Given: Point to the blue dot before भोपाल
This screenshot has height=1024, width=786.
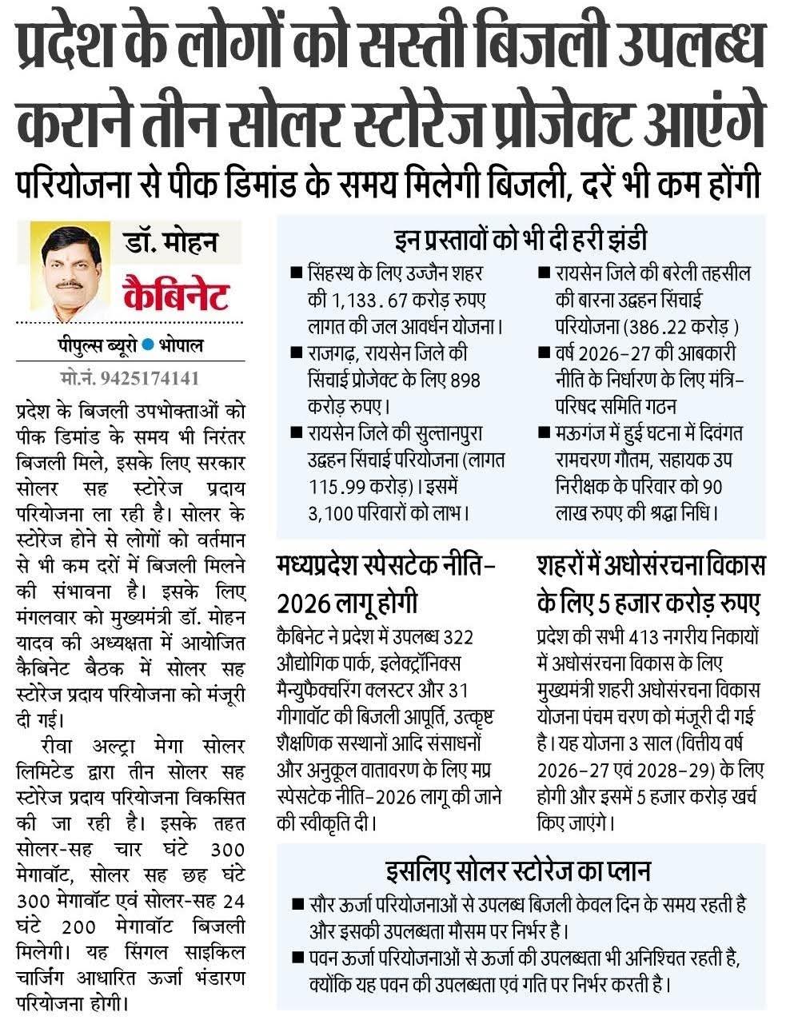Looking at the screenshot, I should (149, 346).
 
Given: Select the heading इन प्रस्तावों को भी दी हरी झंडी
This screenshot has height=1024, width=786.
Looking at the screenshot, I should (521, 240).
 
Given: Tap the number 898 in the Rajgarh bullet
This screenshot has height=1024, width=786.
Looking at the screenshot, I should (465, 380).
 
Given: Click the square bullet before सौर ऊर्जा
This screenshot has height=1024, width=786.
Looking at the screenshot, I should (297, 906).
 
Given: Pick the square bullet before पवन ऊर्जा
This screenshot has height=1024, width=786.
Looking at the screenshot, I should (297, 957).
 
